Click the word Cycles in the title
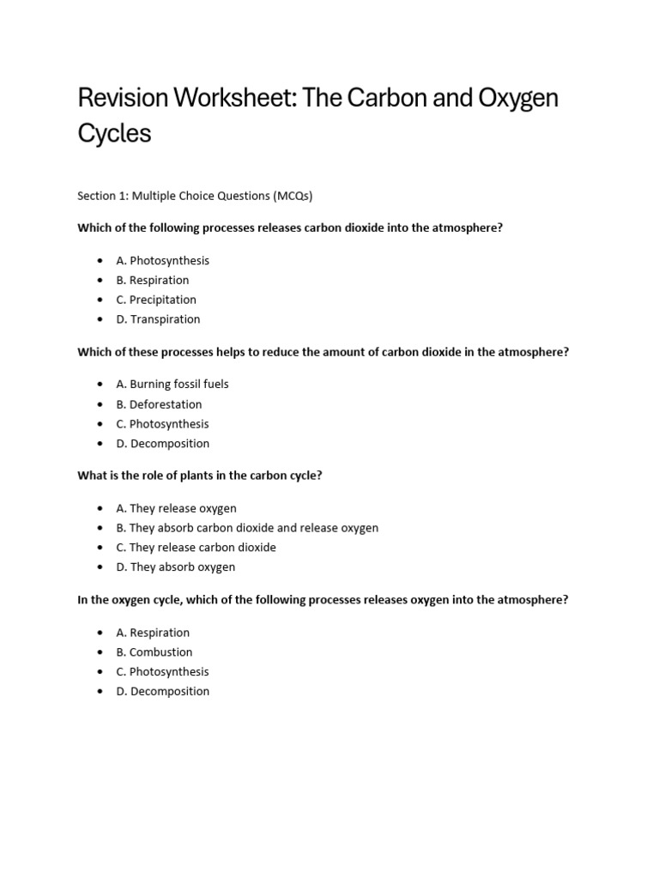click(114, 134)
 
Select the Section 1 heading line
click(195, 196)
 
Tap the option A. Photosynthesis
click(163, 260)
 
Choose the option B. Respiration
click(153, 280)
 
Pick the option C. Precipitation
click(156, 300)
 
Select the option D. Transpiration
click(159, 319)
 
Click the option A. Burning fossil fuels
click(172, 384)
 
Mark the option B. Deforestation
click(160, 404)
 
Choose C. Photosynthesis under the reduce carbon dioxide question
click(163, 424)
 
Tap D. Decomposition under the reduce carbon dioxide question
click(163, 444)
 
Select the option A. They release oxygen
click(177, 508)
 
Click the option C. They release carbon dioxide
click(196, 547)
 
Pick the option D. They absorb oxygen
click(176, 567)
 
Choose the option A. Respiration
click(153, 633)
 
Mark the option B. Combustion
click(154, 652)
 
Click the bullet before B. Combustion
click(100, 652)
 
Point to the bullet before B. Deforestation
click(100, 404)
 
